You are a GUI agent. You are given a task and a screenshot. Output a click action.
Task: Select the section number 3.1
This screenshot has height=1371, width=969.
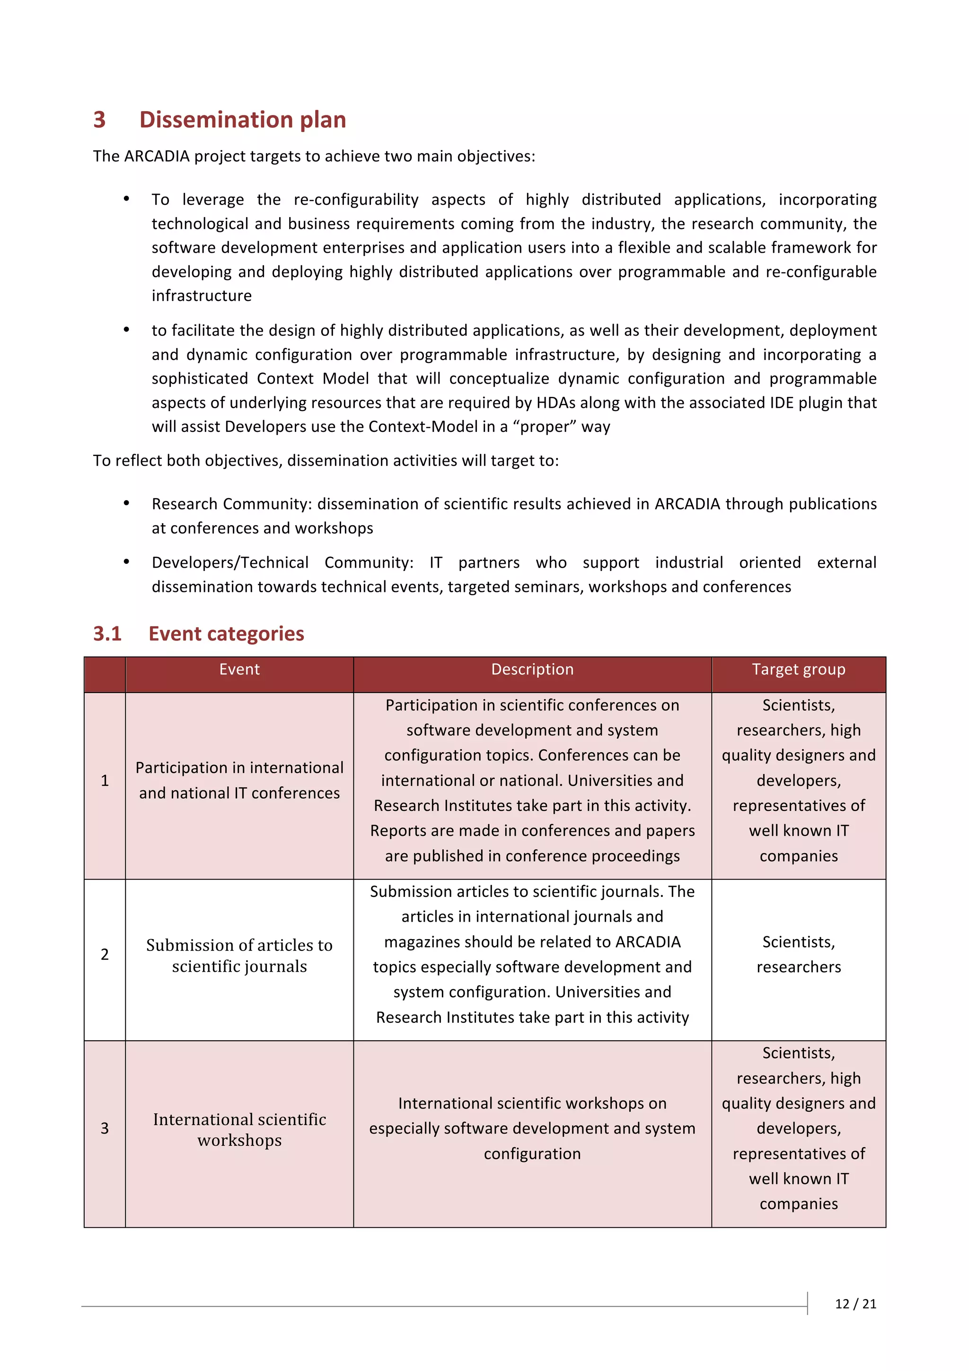(x=107, y=633)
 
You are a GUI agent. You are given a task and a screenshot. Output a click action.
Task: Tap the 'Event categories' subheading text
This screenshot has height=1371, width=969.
(x=226, y=633)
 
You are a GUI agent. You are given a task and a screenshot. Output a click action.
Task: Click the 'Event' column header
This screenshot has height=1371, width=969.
(x=239, y=669)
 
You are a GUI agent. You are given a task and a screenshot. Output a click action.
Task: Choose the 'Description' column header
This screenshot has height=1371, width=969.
(x=532, y=669)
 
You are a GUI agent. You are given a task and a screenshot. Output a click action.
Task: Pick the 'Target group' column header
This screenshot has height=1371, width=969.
(x=798, y=669)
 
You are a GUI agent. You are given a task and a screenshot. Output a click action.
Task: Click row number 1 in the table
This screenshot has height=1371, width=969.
(x=105, y=781)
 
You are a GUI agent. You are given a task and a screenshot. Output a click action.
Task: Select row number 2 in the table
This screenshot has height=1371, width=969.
(x=105, y=954)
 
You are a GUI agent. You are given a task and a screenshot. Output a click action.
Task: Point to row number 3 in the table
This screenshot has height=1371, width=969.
(x=105, y=1128)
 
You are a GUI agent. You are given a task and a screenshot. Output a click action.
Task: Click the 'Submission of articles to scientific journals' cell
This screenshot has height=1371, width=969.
(x=239, y=956)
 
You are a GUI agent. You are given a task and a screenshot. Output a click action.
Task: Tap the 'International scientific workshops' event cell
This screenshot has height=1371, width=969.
(x=239, y=1129)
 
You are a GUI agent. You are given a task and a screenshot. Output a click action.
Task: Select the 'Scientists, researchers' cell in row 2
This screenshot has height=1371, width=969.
(x=798, y=954)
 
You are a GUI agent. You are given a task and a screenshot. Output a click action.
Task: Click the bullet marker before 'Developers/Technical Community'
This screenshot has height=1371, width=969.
(x=127, y=561)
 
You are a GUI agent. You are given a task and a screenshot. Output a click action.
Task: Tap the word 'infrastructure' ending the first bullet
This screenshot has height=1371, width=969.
(x=202, y=296)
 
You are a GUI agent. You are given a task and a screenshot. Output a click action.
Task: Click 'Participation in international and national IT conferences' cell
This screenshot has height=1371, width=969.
(x=239, y=781)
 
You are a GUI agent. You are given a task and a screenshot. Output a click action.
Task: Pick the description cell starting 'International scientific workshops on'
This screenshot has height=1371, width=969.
(x=532, y=1128)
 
